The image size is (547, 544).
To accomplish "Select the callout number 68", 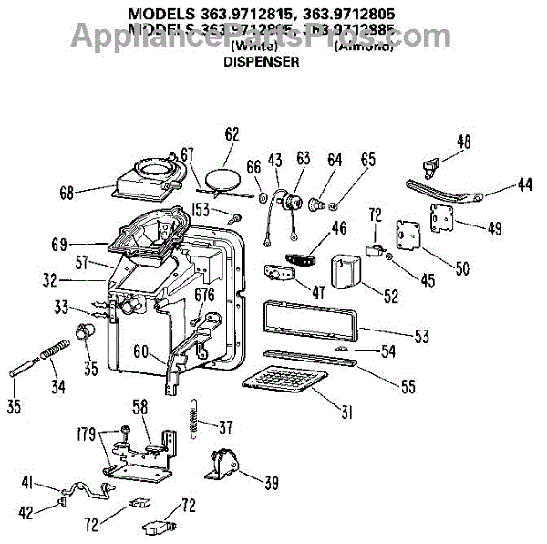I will coord(67,192).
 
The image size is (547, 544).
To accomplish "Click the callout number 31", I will coord(346,413).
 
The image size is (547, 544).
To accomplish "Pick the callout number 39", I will coord(271,484).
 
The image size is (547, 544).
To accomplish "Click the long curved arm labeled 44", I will coord(438,191).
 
